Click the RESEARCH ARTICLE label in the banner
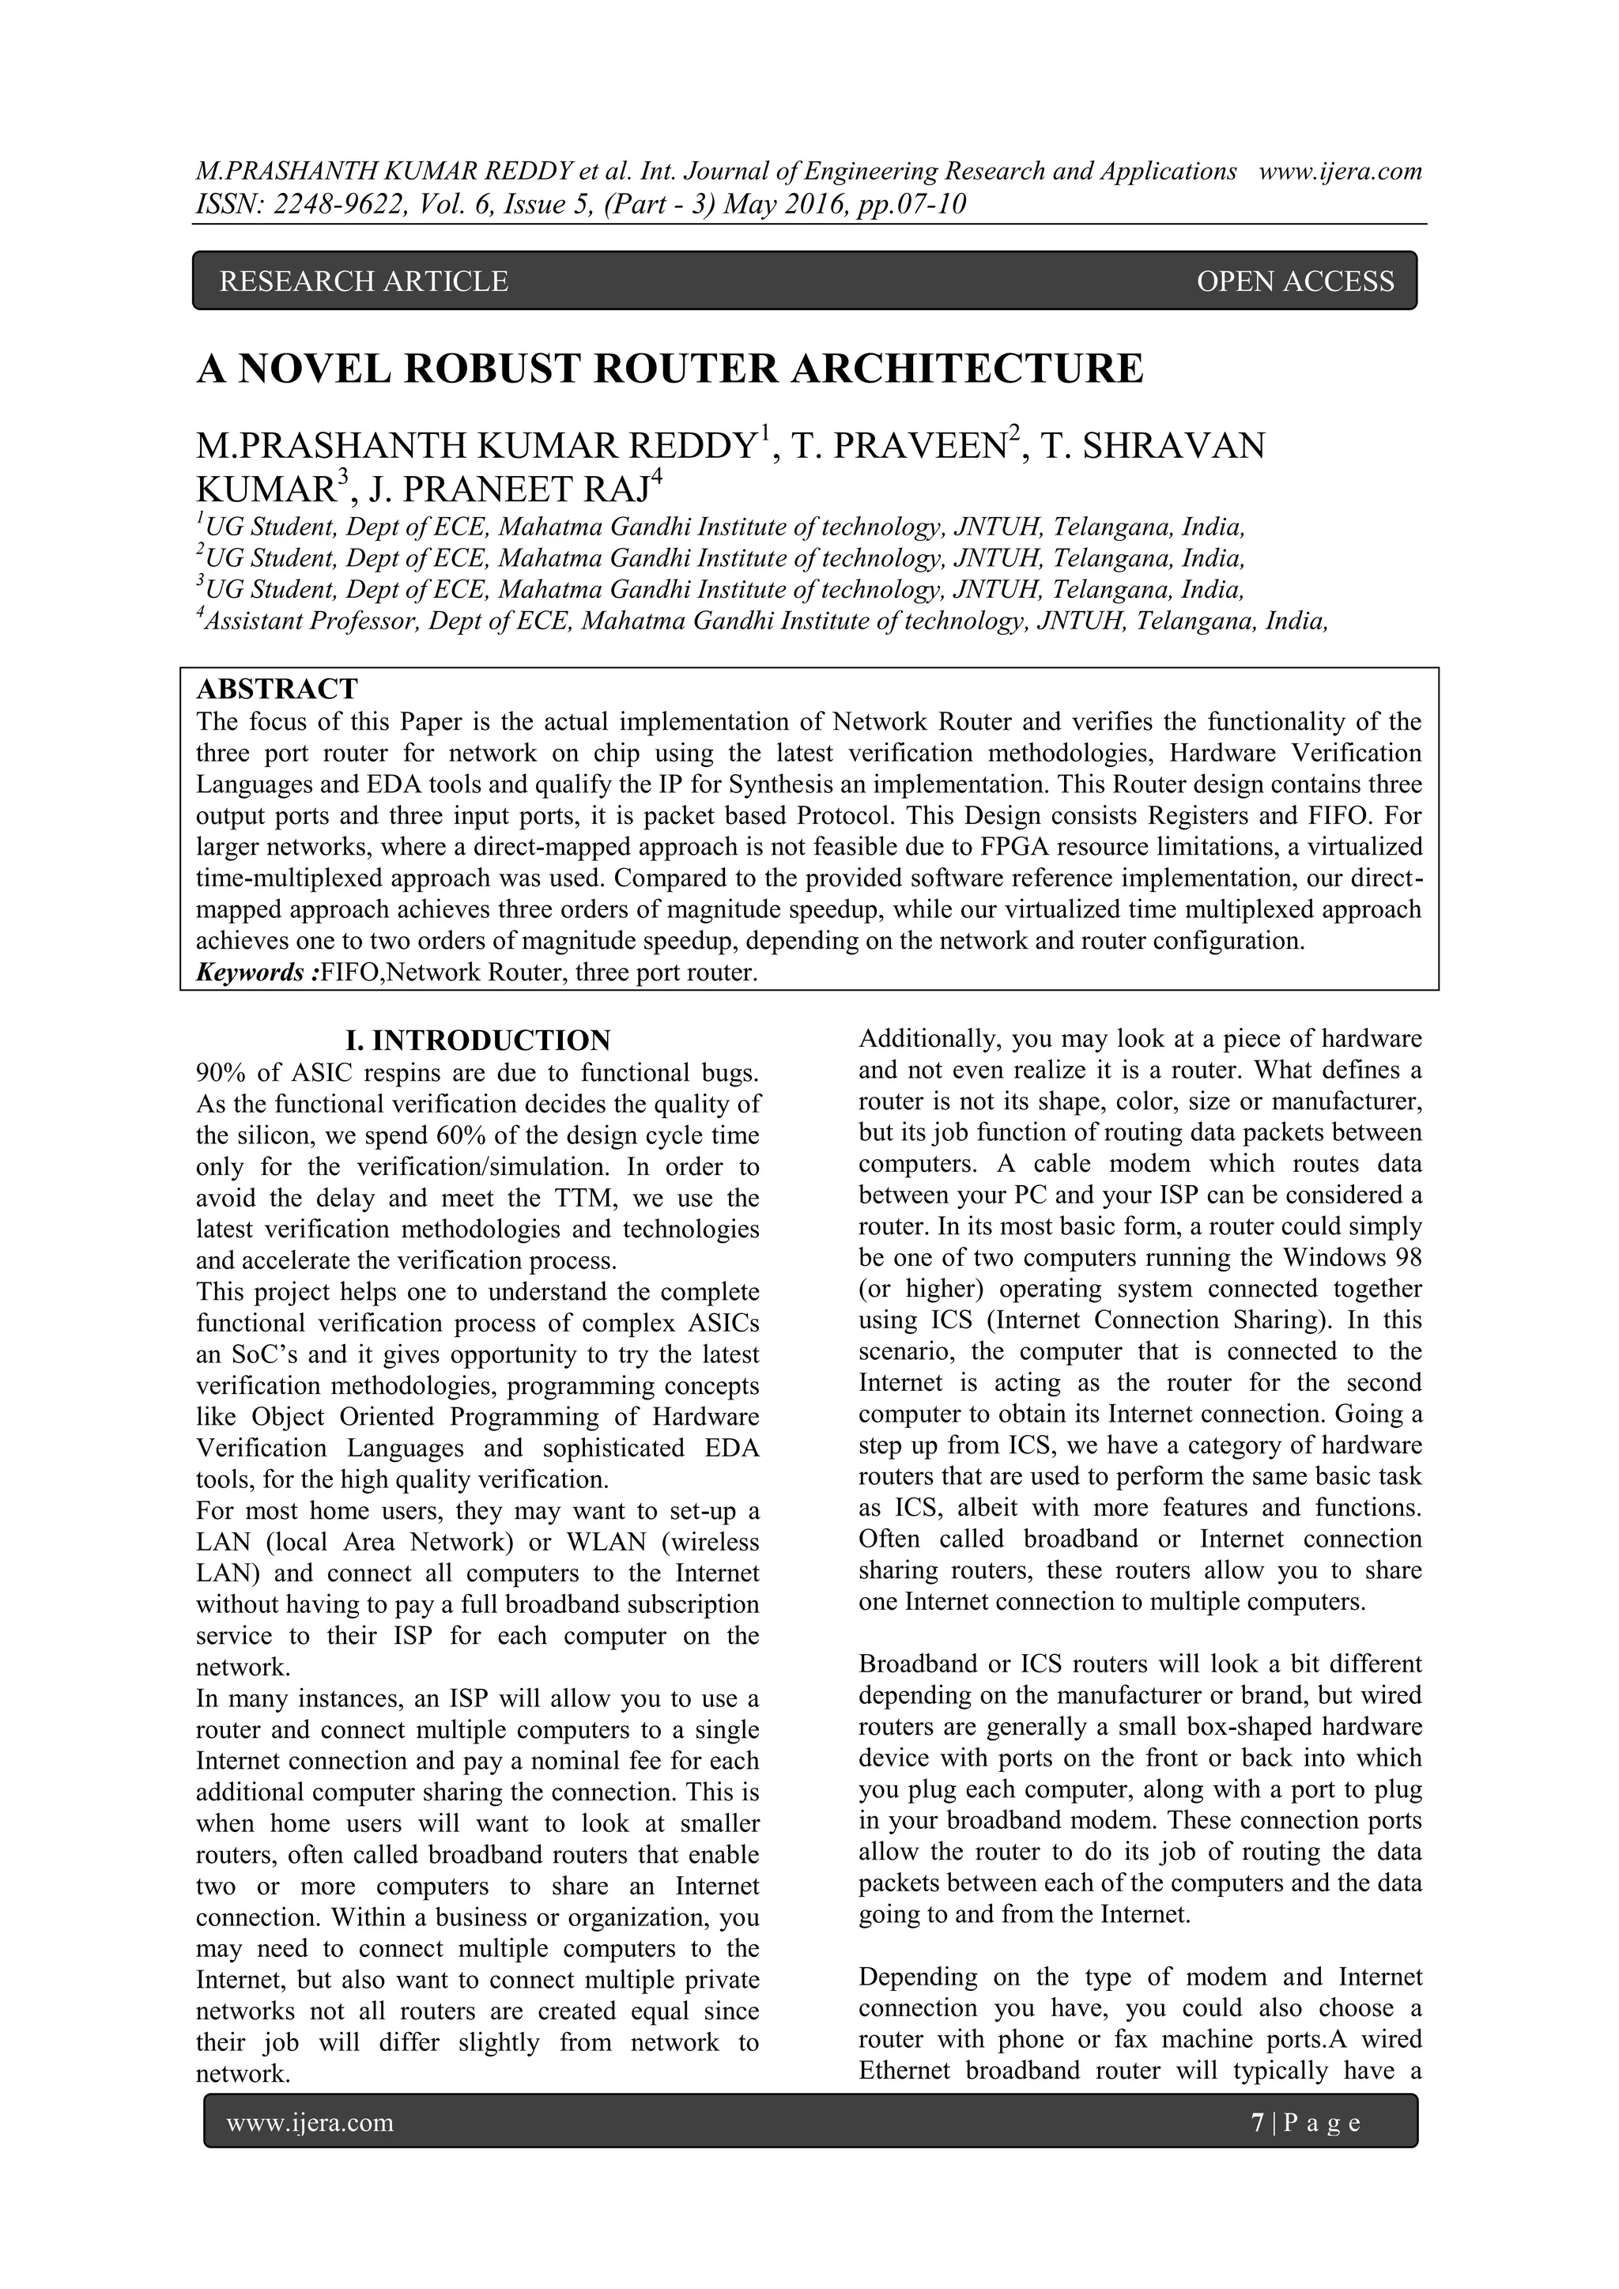click(x=363, y=282)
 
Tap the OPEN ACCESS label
click(x=1294, y=282)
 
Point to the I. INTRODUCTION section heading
click(x=477, y=1041)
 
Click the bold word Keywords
click(x=253, y=972)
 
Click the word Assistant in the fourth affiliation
click(x=249, y=622)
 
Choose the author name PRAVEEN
click(x=919, y=446)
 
